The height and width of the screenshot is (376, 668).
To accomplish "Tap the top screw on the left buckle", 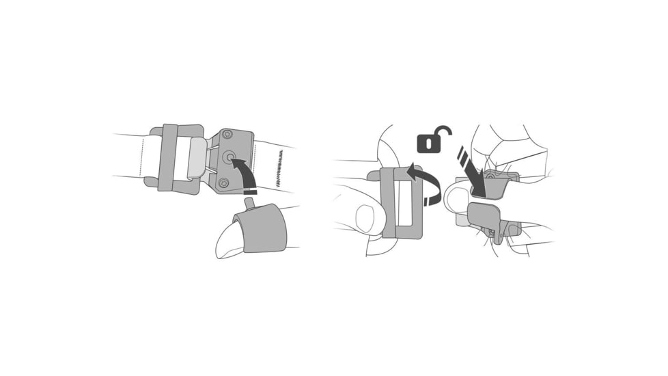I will (227, 135).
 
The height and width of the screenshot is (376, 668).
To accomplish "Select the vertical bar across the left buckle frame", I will (168, 157).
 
